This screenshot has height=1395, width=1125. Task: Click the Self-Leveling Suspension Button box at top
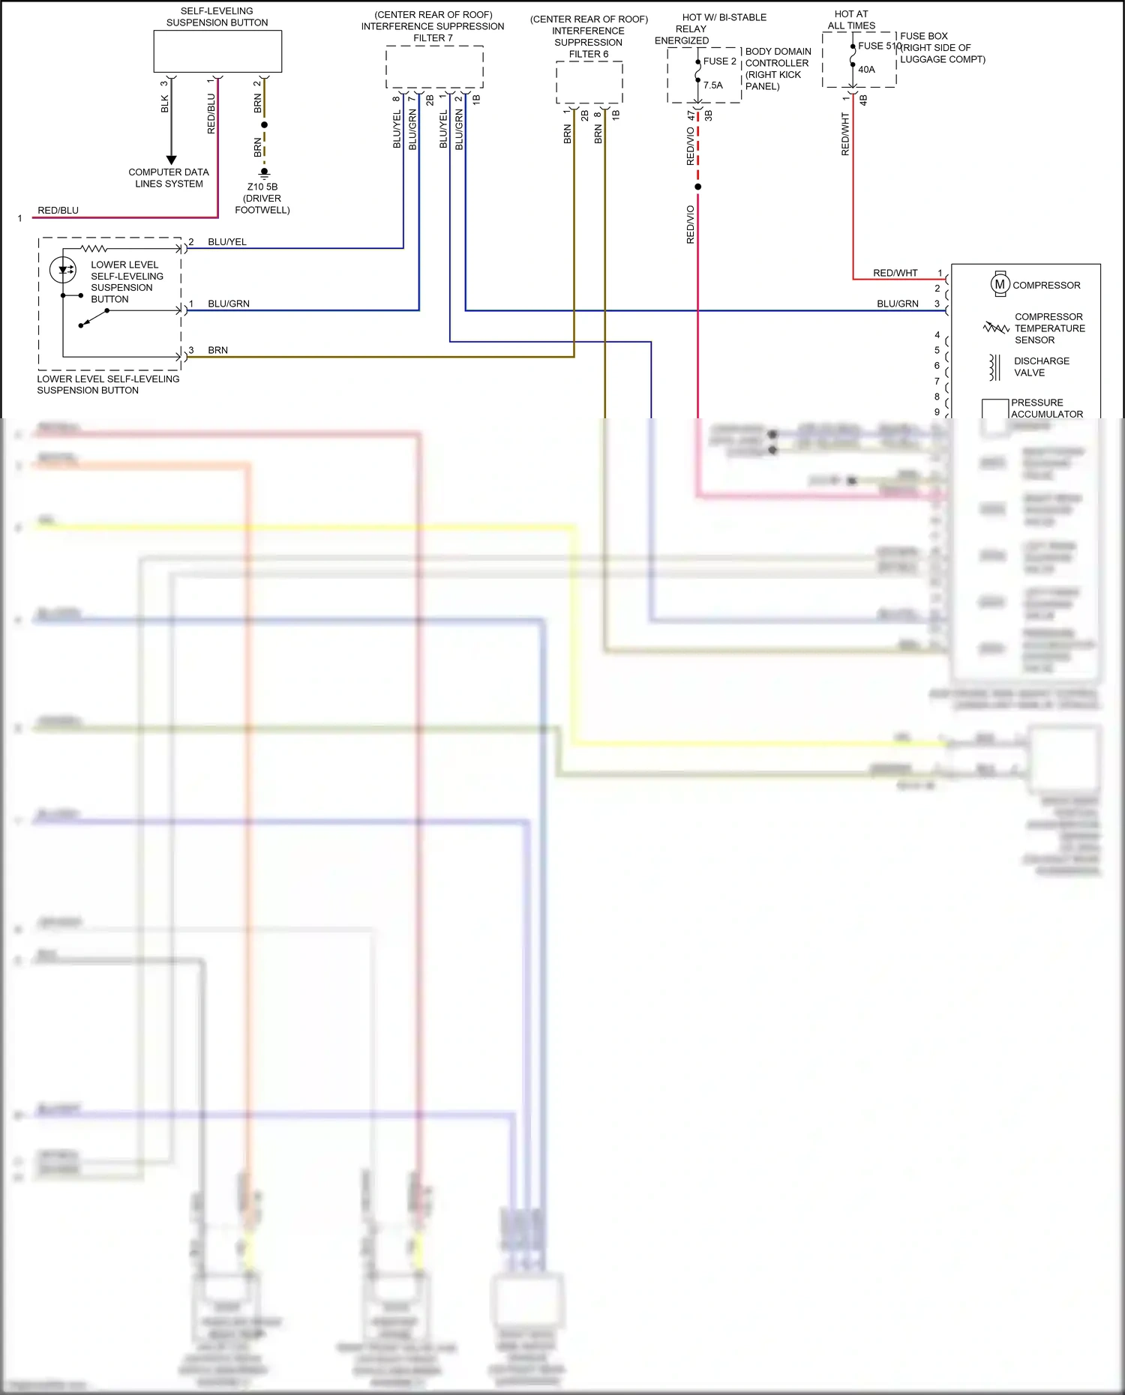[217, 51]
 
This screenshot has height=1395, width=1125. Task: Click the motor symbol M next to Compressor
[1000, 284]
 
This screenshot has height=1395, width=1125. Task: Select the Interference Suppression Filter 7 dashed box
[434, 67]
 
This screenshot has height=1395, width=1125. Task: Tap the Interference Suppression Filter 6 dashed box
[589, 82]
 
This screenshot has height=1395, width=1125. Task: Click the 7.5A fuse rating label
[713, 85]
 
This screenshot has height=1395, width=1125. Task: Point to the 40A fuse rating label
[866, 70]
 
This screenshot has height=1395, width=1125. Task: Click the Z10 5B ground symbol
[264, 173]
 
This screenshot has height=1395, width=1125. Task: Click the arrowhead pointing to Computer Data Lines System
[171, 160]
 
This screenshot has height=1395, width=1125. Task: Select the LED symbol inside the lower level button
[63, 270]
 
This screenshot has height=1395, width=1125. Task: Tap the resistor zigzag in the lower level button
[94, 248]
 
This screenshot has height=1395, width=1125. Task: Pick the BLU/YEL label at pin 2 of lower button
[226, 242]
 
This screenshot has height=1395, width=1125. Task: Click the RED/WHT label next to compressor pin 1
[895, 273]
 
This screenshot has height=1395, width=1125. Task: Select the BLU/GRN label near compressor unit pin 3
[897, 304]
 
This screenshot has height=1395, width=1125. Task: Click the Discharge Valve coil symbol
[994, 367]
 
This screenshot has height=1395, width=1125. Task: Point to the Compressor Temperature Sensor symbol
[996, 328]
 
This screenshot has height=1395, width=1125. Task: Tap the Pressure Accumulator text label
[1045, 408]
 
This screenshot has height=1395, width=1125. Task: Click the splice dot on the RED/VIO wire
[697, 187]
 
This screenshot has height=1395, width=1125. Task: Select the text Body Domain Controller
[777, 58]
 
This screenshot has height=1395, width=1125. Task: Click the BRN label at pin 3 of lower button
[217, 350]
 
